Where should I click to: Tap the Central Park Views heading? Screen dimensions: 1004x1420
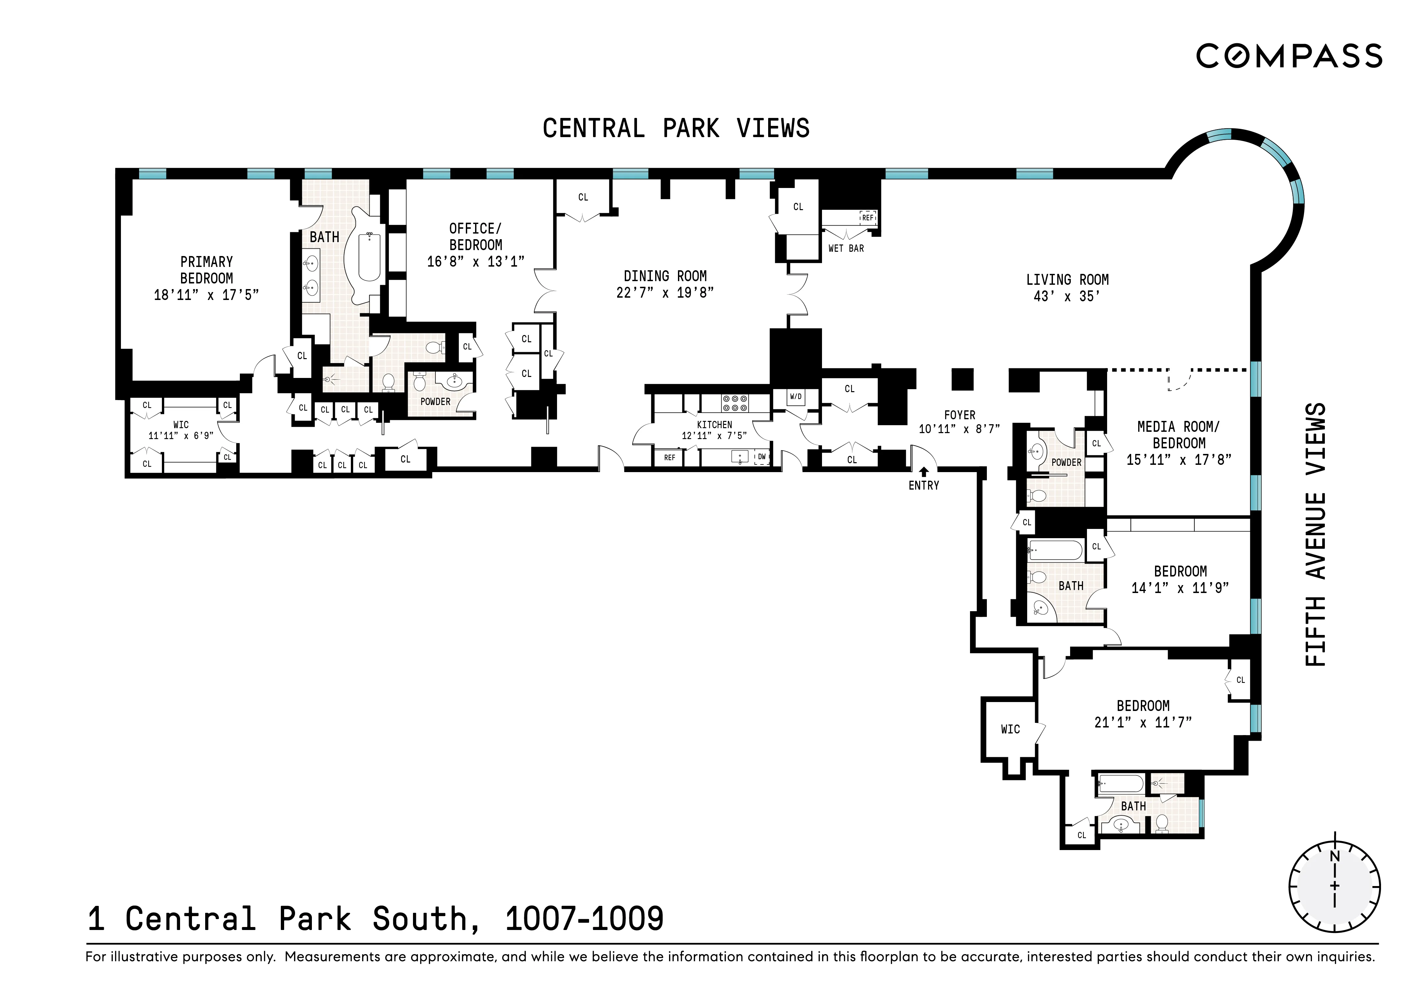[676, 129]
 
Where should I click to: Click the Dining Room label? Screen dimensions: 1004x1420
[665, 276]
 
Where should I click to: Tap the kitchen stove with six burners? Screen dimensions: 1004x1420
[735, 403]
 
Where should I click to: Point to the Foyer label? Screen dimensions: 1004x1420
[959, 415]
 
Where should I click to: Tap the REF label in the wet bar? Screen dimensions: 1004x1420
[868, 218]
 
